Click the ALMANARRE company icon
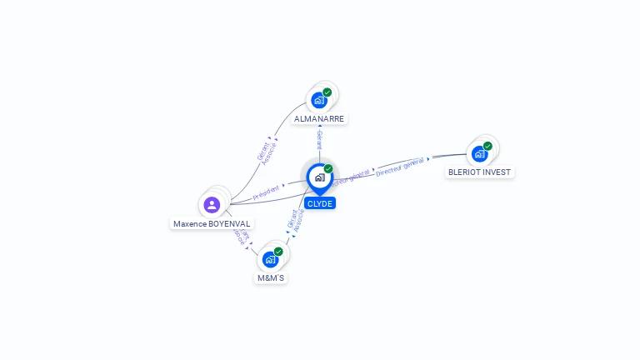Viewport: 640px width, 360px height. click(318, 100)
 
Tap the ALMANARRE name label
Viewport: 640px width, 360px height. click(319, 119)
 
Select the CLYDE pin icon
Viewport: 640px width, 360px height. click(319, 177)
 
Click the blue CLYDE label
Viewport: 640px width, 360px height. click(319, 203)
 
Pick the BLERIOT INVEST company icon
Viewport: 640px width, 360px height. click(479, 153)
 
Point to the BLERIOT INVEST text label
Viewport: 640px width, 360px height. click(479, 172)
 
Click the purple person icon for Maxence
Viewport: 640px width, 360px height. click(212, 204)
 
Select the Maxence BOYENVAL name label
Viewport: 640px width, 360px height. click(212, 223)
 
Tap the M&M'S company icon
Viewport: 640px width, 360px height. click(270, 259)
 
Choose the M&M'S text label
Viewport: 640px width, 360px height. click(271, 277)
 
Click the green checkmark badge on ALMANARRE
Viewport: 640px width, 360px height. click(327, 92)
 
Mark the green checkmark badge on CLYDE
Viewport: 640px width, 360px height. click(328, 168)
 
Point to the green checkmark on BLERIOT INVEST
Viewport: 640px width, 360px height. click(487, 146)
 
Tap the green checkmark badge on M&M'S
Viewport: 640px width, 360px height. click(278, 251)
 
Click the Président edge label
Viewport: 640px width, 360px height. click(267, 193)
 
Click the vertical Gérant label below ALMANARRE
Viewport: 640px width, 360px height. click(319, 140)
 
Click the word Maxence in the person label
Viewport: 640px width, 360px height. click(190, 223)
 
